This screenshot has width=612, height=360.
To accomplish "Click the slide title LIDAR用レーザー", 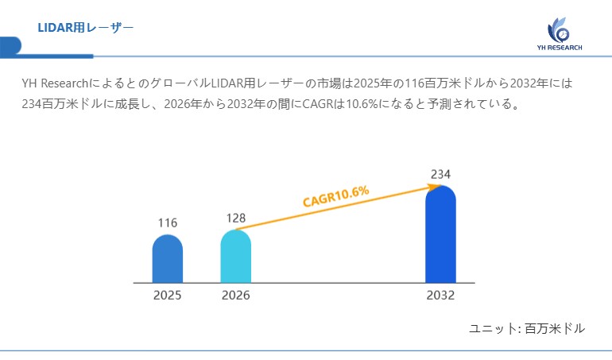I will pos(85,28).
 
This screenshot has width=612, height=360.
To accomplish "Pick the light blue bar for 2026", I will pos(235,256).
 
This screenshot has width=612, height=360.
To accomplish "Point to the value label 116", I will pos(167,223).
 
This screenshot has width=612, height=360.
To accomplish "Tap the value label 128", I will pos(235,218).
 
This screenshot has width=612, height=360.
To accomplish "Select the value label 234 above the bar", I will pos(440,174).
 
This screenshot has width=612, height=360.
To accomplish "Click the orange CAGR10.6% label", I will pos(335,196).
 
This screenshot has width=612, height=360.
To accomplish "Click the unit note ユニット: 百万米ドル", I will pos(527,328).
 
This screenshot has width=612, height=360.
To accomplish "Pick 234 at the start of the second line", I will pos(32,104).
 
